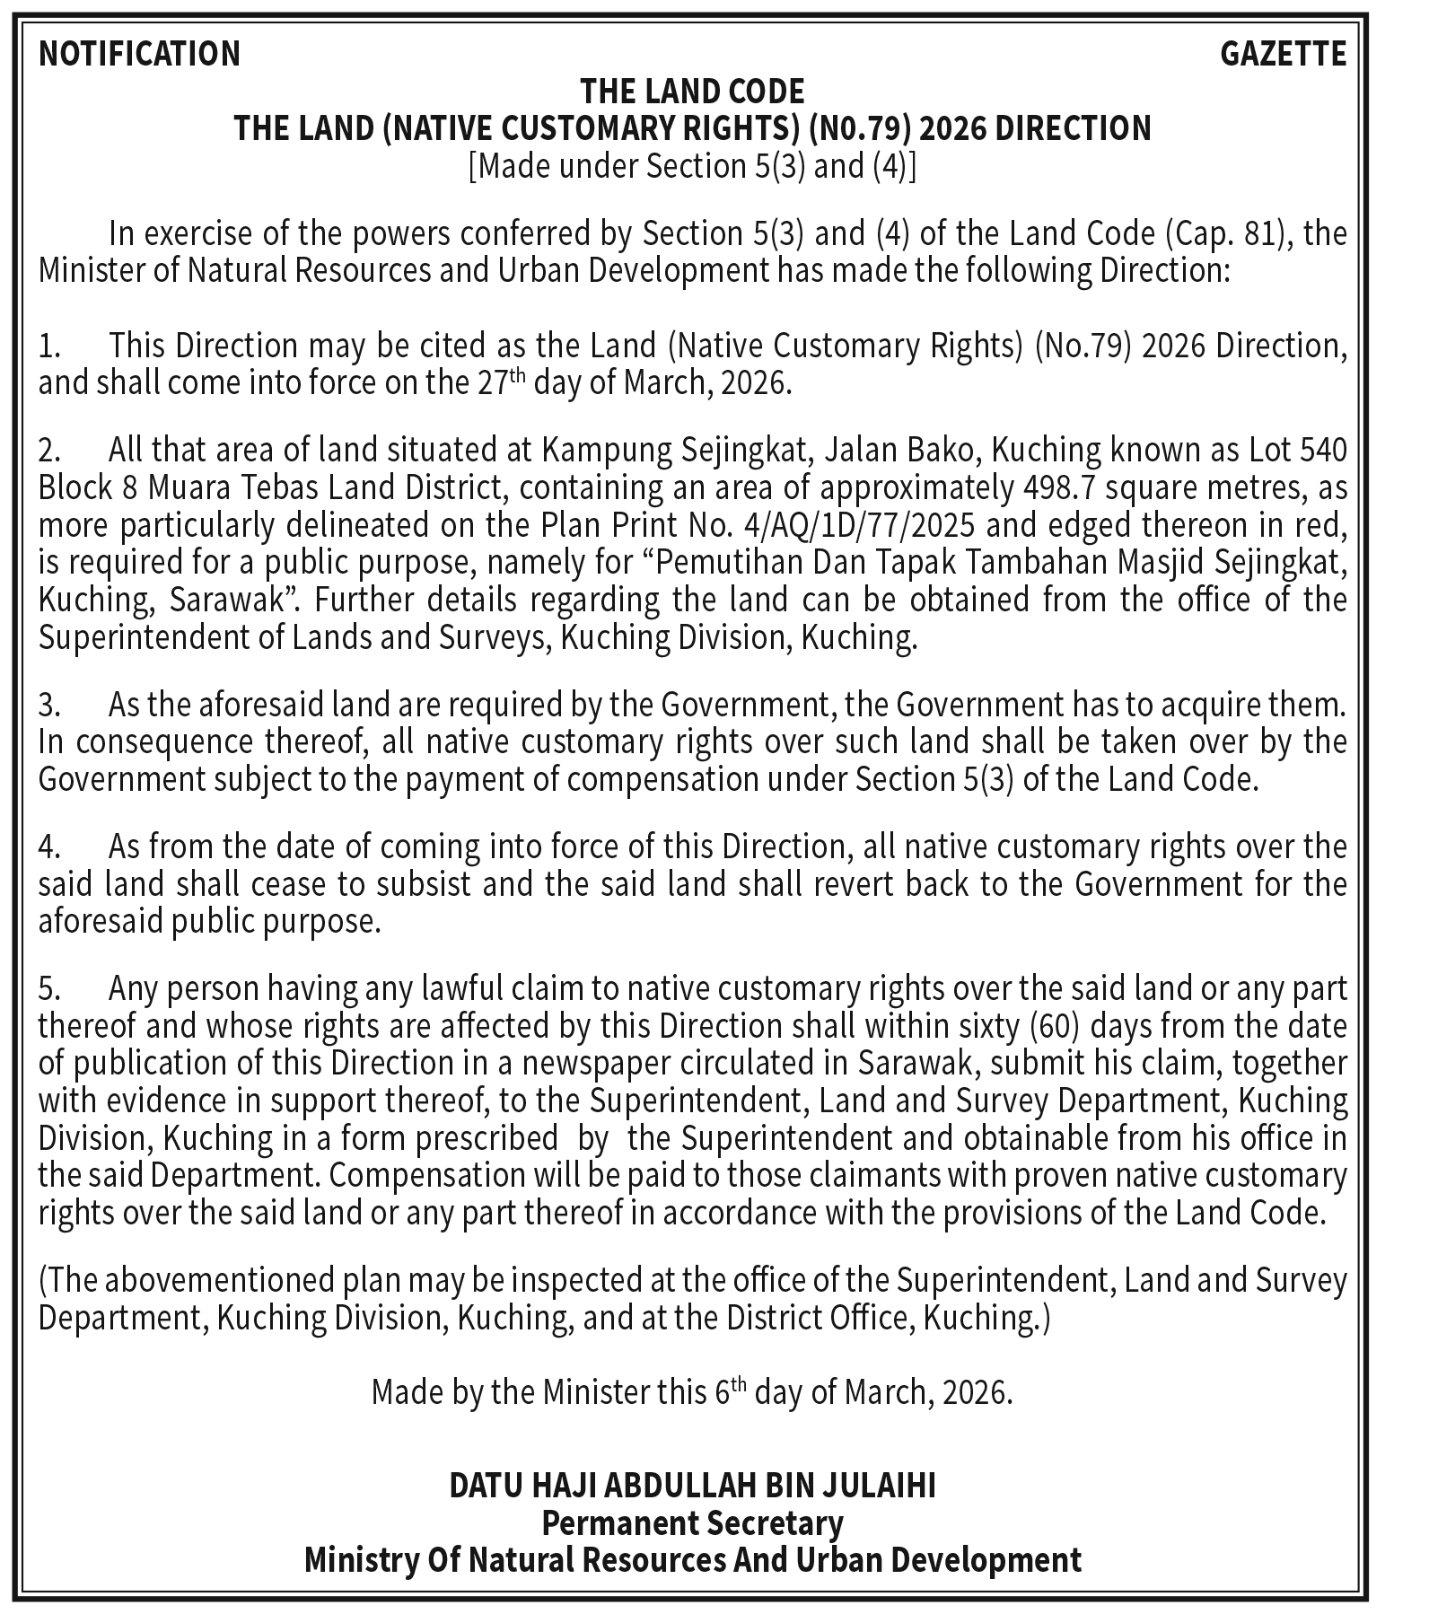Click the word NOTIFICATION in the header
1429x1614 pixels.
(x=139, y=54)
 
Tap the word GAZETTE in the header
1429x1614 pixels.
(x=1283, y=54)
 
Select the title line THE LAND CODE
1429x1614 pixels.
(x=692, y=91)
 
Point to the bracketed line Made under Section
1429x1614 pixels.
(x=692, y=166)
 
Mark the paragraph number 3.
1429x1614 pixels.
(x=49, y=705)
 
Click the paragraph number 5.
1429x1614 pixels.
(x=49, y=988)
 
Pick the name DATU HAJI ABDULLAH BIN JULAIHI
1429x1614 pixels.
(x=692, y=1486)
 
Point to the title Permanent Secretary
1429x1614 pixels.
(x=692, y=1522)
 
